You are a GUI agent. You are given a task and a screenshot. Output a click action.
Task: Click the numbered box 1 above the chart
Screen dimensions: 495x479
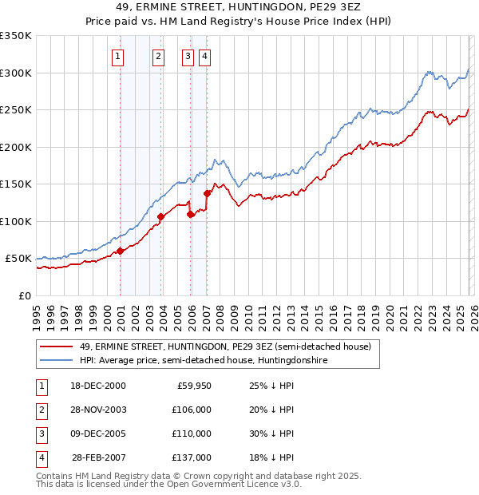118,56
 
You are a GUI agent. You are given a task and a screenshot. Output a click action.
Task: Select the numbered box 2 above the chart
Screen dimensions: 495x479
159,56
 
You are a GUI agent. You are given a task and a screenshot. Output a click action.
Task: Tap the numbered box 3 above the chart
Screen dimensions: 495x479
188,56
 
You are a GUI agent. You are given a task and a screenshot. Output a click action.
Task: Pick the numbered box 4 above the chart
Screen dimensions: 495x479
205,56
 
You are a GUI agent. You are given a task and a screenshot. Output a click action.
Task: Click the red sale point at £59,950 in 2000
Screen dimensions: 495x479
121,251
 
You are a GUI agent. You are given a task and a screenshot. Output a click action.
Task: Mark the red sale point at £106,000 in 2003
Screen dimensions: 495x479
161,216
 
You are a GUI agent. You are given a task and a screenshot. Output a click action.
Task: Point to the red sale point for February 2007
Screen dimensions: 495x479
207,193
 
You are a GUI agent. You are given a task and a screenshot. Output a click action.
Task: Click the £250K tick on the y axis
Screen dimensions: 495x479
16,110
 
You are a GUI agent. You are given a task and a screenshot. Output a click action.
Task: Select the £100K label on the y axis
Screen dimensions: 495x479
16,221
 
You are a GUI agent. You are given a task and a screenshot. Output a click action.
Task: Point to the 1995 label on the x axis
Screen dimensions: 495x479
37,311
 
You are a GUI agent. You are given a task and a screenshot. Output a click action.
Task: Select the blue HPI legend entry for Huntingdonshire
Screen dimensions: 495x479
204,361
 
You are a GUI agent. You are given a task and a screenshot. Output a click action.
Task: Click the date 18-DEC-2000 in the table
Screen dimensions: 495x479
97,386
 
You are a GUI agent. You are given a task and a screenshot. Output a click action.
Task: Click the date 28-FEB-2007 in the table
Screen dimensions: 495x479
99,457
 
